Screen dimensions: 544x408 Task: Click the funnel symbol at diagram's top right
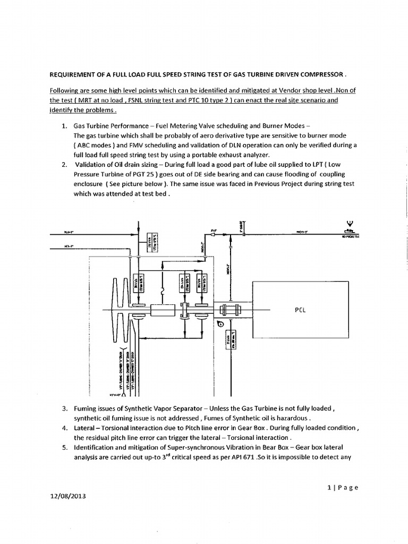point(350,224)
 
